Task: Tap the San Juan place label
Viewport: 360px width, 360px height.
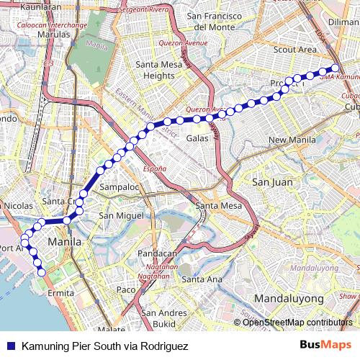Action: (272, 182)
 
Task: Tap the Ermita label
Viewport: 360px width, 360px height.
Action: (60, 294)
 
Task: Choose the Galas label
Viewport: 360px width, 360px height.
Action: (197, 138)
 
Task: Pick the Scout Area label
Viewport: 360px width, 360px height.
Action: (295, 50)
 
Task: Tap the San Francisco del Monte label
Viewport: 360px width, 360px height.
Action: (221, 21)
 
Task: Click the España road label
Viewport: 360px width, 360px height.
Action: (154, 168)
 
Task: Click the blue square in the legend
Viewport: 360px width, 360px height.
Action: (10, 346)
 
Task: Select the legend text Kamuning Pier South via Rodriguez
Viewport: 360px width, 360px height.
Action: (105, 346)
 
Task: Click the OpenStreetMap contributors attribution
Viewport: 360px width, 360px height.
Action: (297, 322)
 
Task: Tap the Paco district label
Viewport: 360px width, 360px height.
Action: (125, 289)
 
